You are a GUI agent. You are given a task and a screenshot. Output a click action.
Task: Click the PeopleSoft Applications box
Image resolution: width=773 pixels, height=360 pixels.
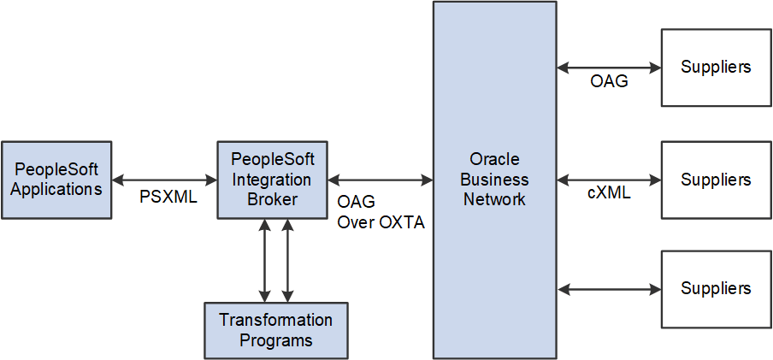(x=56, y=180)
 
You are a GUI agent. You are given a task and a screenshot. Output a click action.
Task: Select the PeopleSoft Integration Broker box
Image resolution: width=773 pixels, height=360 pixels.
(x=271, y=180)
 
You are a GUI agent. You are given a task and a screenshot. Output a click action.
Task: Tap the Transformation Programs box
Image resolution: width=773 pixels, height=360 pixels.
(x=275, y=330)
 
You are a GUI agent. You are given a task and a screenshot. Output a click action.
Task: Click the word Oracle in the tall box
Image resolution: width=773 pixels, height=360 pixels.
(x=494, y=160)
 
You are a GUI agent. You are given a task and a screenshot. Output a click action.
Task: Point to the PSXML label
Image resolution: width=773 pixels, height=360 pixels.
(x=168, y=198)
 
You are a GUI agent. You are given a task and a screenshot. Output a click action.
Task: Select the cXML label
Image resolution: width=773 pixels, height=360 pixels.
(x=609, y=193)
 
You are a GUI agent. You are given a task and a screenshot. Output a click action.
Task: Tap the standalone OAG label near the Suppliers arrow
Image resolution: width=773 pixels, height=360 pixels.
(x=609, y=81)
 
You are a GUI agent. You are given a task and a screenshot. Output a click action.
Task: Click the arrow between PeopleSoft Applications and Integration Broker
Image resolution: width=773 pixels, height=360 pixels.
(x=166, y=180)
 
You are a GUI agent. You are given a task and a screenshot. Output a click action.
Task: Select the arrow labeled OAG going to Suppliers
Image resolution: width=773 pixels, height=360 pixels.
(x=609, y=67)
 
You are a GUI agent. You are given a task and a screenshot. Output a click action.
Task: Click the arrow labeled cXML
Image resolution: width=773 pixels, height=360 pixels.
(x=609, y=180)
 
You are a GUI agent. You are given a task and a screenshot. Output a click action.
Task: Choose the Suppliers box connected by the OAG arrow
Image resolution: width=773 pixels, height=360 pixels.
(x=716, y=67)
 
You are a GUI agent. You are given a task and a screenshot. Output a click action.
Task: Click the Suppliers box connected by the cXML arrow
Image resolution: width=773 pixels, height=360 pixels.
(x=716, y=180)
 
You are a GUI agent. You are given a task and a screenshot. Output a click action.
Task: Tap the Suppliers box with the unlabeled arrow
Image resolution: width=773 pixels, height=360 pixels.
(x=716, y=289)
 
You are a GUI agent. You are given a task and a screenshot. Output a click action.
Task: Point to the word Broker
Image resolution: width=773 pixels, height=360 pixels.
(x=271, y=199)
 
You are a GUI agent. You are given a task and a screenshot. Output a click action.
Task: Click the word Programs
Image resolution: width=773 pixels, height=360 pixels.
(x=275, y=340)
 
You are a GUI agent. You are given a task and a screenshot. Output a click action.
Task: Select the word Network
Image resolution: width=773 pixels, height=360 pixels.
(x=494, y=199)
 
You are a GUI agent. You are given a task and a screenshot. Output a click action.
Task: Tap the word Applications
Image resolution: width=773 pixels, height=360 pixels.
(x=56, y=189)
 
